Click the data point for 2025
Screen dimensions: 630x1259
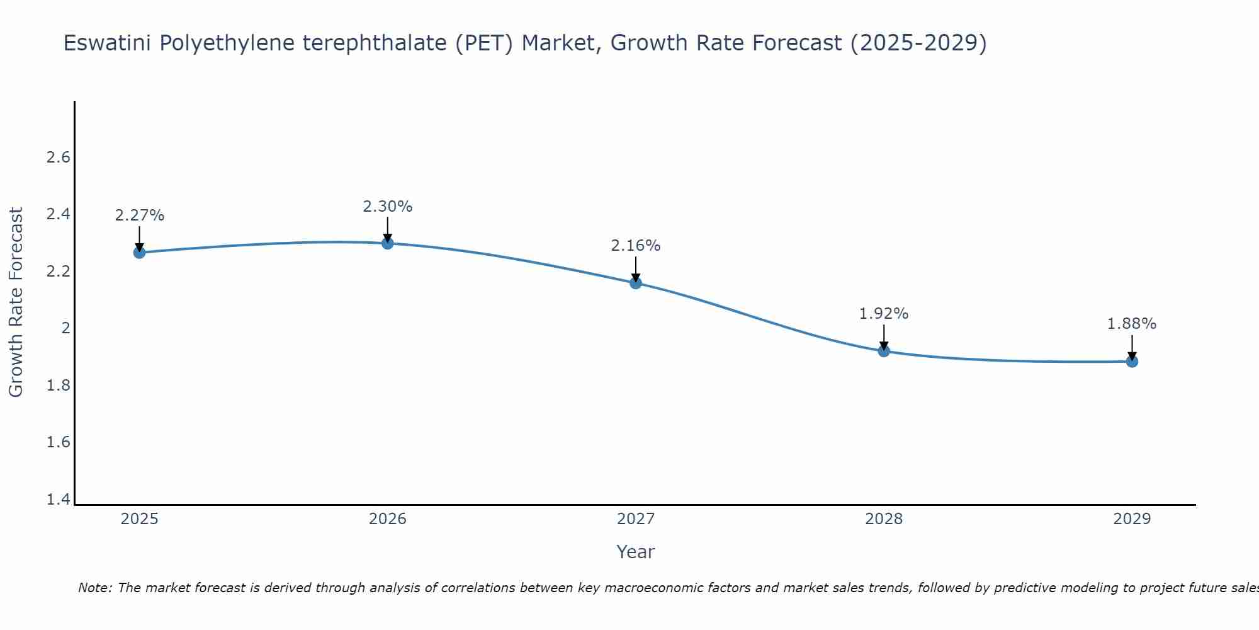click(139, 253)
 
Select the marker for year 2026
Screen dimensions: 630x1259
click(388, 243)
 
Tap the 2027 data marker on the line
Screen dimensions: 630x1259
click(636, 283)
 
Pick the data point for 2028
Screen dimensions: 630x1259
click(884, 351)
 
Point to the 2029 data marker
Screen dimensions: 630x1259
click(1132, 361)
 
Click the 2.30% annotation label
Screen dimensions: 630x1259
click(388, 207)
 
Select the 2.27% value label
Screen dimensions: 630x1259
click(140, 215)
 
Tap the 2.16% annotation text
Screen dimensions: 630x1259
click(636, 246)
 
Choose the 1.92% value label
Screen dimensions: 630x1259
click(884, 314)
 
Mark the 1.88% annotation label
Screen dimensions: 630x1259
click(1132, 324)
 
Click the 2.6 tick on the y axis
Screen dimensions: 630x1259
click(59, 157)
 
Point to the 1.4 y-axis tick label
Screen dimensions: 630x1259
click(59, 500)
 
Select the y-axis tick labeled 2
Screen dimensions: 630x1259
click(65, 328)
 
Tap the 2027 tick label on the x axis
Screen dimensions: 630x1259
click(636, 519)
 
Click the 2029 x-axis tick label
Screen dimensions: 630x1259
click(1132, 519)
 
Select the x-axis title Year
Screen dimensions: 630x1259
click(636, 552)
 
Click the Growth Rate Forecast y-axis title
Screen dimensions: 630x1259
click(16, 302)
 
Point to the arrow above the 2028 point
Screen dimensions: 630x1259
click(884, 338)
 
